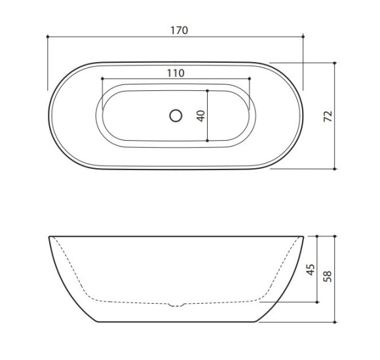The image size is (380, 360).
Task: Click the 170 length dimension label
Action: click(x=179, y=31)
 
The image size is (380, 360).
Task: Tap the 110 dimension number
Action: click(x=176, y=73)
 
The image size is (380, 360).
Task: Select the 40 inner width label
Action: click(x=201, y=116)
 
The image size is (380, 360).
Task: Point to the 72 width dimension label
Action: click(x=328, y=117)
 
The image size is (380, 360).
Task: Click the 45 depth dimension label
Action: click(x=311, y=270)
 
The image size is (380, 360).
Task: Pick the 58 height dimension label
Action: click(x=327, y=276)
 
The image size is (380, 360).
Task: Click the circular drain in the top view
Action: click(x=176, y=116)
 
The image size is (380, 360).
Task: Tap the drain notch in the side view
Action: click(x=176, y=305)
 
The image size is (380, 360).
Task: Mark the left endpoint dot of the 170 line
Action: click(x=48, y=37)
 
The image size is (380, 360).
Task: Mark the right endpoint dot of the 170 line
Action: click(x=303, y=37)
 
